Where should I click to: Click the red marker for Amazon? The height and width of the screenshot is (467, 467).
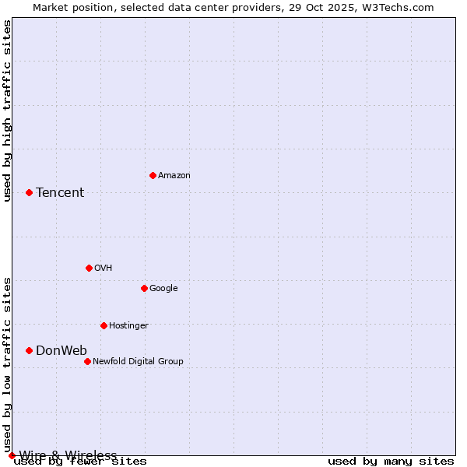[x=153, y=175]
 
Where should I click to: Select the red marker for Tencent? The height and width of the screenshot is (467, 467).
[x=29, y=192]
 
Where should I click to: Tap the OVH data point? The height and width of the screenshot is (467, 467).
[x=89, y=268]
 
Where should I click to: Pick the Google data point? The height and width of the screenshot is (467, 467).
[x=144, y=288]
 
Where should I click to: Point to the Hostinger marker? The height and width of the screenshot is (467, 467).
[x=104, y=325]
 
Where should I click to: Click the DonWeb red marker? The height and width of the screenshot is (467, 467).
[x=29, y=350]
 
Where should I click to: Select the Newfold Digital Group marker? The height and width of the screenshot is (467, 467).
[x=87, y=361]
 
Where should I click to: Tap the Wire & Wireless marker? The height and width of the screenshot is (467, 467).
[x=12, y=455]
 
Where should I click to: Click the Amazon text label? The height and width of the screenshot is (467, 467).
[x=174, y=176]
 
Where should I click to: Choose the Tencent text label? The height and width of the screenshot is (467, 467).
[x=60, y=193]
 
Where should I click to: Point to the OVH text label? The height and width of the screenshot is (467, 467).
[x=104, y=269]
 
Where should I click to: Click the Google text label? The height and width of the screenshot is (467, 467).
[x=163, y=289]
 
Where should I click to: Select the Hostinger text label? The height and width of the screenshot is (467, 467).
[x=128, y=326]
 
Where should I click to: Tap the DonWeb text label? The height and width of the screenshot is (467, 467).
[x=61, y=351]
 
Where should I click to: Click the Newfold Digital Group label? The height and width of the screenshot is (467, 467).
[x=138, y=362]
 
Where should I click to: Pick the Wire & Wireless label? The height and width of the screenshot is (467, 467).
[x=68, y=455]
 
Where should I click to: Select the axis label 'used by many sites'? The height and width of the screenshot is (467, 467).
[x=391, y=462]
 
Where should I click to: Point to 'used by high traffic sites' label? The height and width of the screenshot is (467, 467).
[x=7, y=111]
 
